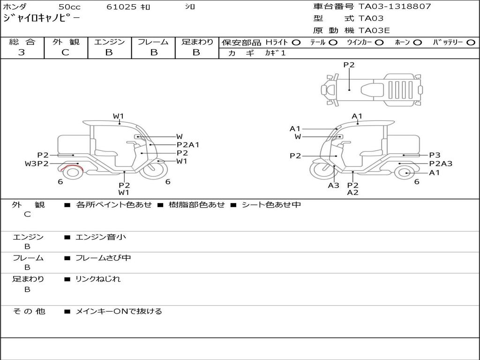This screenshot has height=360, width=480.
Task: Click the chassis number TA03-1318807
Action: point(395,7)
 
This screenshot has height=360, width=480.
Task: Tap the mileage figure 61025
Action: point(121,7)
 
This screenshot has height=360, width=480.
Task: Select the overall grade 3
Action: point(22,52)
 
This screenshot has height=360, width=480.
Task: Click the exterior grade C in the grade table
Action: point(65,52)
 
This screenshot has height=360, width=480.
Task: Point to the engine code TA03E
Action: point(374,30)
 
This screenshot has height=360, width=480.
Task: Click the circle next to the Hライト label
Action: point(296,43)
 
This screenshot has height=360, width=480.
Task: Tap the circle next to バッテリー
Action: point(471,43)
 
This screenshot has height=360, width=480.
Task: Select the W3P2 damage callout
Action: point(37,164)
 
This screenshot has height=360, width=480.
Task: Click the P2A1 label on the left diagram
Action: point(188,145)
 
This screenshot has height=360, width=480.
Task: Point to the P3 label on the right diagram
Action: point(435,155)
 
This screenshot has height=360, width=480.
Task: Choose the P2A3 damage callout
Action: point(441,164)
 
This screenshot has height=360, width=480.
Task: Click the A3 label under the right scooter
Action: point(333,185)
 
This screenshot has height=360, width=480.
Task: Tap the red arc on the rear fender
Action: point(72,166)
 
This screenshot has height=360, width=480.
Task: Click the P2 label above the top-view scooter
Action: point(349,65)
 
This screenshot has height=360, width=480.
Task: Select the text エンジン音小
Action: point(101,237)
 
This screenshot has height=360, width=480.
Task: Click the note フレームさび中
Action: point(103,258)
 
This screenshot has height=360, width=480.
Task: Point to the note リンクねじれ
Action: point(98,279)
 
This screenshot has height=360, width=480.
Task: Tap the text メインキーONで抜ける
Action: point(119,311)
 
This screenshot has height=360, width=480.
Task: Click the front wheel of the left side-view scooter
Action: point(156,170)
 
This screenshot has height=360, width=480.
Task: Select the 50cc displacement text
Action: point(69,7)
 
